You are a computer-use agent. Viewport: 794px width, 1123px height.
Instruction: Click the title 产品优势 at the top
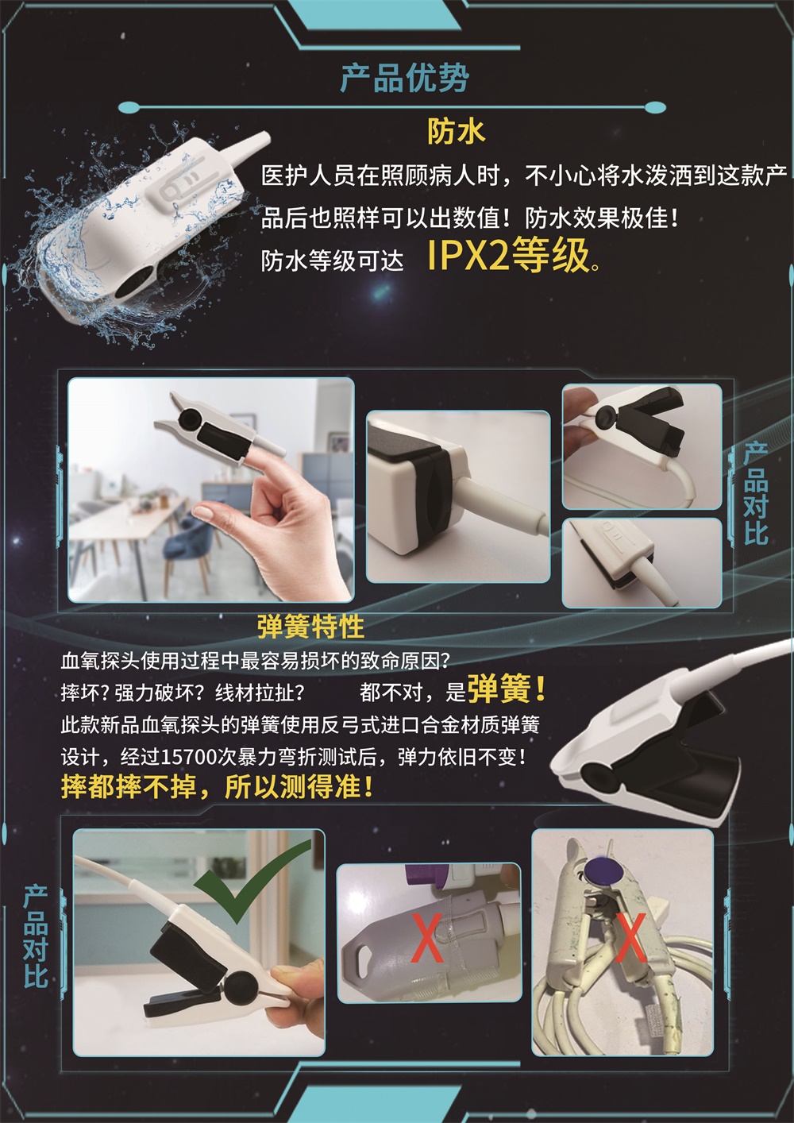click(404, 78)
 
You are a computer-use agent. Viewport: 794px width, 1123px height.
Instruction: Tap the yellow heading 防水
click(456, 131)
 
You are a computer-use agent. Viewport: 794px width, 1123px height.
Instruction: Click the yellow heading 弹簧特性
click(310, 627)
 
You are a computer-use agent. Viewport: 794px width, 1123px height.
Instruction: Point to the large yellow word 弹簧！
click(507, 689)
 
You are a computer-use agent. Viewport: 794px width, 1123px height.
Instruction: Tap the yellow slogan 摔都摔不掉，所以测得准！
click(217, 787)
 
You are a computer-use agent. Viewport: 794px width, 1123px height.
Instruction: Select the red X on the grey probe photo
click(428, 937)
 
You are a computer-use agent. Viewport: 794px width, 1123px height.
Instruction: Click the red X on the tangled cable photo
click(630, 937)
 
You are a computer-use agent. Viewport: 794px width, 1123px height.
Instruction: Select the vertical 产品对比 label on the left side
click(36, 937)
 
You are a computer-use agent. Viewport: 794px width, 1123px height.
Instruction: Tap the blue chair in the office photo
click(184, 548)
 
